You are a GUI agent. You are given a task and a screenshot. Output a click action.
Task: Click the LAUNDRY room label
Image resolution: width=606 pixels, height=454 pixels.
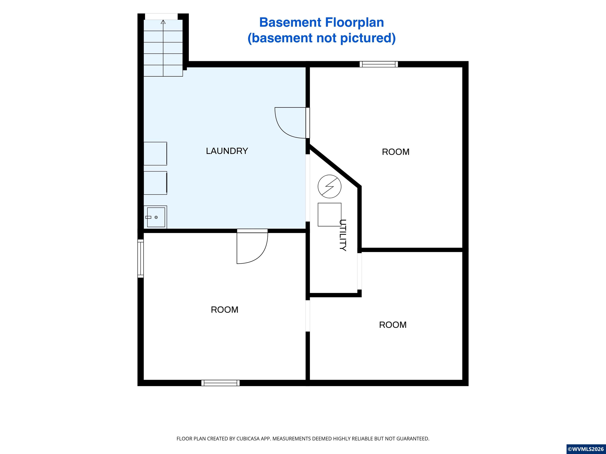pyautogui.click(x=227, y=151)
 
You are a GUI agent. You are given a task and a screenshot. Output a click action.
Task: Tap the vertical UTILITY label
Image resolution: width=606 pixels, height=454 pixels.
pyautogui.click(x=343, y=235)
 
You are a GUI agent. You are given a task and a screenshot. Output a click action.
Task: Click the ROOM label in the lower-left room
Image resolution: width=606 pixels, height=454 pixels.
pyautogui.click(x=224, y=310)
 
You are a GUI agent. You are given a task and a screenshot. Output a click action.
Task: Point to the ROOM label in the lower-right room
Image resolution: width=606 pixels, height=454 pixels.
pyautogui.click(x=393, y=325)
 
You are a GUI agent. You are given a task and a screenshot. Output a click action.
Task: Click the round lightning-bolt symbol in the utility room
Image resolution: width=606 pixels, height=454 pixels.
pyautogui.click(x=329, y=186)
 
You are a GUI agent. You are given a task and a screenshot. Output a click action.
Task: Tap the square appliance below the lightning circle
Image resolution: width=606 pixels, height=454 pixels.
pyautogui.click(x=329, y=215)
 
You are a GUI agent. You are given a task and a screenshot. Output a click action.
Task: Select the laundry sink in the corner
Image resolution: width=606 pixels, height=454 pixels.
pyautogui.click(x=155, y=217)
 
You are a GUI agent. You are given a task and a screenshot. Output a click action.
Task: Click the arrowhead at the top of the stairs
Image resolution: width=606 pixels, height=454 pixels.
pyautogui.click(x=163, y=22)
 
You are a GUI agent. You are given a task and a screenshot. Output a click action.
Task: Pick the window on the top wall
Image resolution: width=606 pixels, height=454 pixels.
pyautogui.click(x=379, y=64)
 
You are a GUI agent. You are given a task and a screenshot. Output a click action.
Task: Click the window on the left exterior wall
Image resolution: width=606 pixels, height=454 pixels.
pyautogui.click(x=140, y=258)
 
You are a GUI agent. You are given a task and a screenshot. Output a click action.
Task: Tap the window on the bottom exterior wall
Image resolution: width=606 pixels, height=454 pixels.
pyautogui.click(x=221, y=383)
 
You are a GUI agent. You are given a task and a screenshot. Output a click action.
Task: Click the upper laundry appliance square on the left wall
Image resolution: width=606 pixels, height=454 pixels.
pyautogui.click(x=155, y=154)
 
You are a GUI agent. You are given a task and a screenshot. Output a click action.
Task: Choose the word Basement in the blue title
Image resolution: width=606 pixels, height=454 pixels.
pyautogui.click(x=290, y=22)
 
